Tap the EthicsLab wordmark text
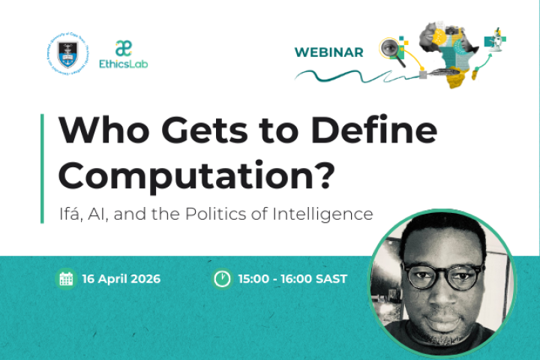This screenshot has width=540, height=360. [x=124, y=64]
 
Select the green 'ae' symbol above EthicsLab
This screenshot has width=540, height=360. [x=124, y=47]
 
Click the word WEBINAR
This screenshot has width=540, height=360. [x=328, y=52]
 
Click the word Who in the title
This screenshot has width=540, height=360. [x=103, y=132]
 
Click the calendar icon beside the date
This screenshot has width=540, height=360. [x=66, y=279]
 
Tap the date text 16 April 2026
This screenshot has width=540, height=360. [x=122, y=279]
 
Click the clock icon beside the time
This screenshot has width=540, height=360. [x=222, y=279]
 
